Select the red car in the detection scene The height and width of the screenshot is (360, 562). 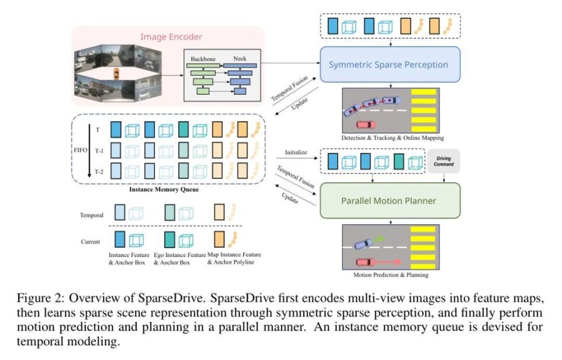pos(366,124)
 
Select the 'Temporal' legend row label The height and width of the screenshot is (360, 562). pos(91,215)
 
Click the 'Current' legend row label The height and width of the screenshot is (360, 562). pos(91,241)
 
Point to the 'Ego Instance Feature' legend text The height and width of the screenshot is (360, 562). pos(180,255)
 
